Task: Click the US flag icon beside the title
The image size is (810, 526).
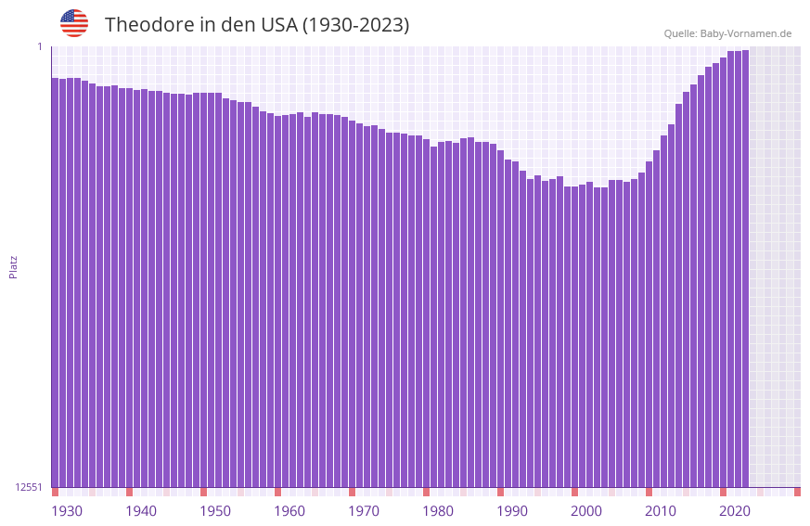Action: (x=74, y=24)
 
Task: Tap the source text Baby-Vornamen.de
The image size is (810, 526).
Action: (x=745, y=34)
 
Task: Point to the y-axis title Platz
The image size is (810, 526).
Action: (x=13, y=266)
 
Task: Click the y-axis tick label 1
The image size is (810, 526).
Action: (x=40, y=46)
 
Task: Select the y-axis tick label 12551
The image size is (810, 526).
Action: (x=29, y=487)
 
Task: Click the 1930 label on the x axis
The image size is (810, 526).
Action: (x=67, y=511)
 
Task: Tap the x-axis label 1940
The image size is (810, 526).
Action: (x=141, y=511)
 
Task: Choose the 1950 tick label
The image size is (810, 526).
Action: (x=215, y=511)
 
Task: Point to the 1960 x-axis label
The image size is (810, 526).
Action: (x=289, y=511)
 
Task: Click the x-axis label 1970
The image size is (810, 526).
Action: (x=364, y=511)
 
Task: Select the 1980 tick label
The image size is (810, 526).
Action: (x=438, y=511)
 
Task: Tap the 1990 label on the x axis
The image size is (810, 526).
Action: (x=512, y=511)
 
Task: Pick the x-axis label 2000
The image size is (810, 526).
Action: (x=586, y=511)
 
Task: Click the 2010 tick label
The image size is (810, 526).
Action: (x=661, y=511)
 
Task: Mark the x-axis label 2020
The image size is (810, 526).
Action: (x=735, y=511)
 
